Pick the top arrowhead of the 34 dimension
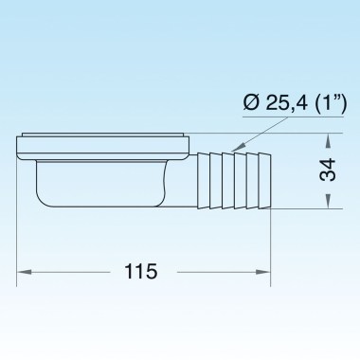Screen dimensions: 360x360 [328, 139]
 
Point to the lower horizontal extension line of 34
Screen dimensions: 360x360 [303, 207]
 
